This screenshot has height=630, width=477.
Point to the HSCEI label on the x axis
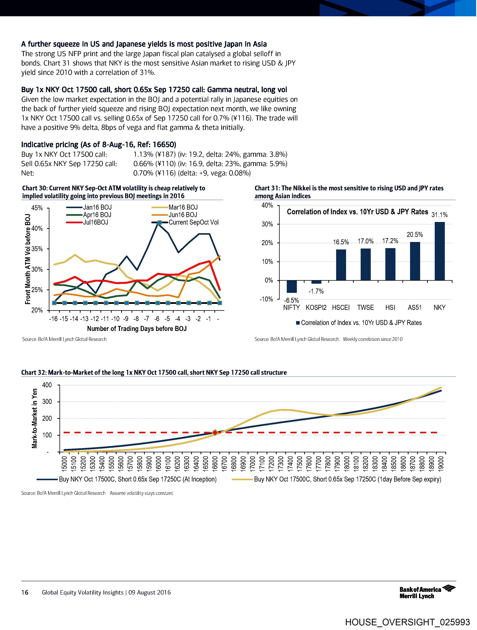(x=341, y=308)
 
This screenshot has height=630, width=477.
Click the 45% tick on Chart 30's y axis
(x=37, y=208)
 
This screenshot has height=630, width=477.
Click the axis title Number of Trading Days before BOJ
(x=137, y=329)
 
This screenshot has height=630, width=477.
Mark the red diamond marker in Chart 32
(x=215, y=433)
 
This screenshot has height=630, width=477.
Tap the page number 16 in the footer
(x=25, y=593)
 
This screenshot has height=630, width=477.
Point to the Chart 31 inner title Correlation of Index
(x=357, y=212)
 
